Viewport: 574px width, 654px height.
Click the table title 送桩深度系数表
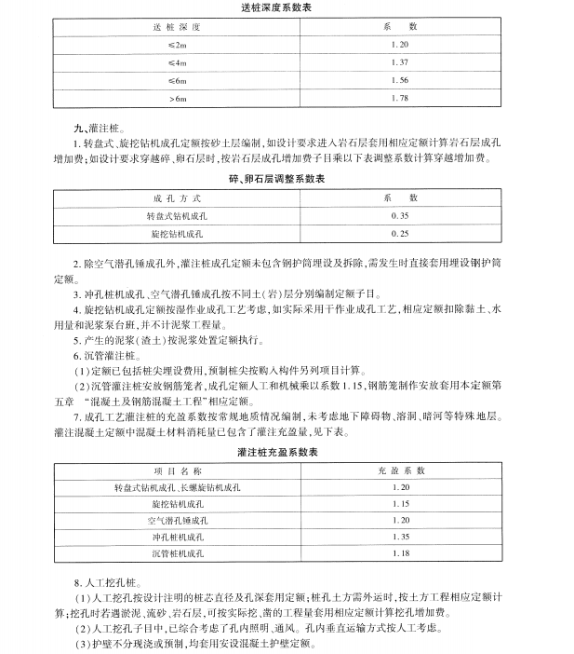click(x=287, y=9)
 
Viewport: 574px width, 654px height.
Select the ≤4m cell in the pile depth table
click(x=177, y=62)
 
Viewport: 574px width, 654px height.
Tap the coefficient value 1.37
click(x=401, y=62)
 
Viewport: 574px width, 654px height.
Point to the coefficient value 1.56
click(x=401, y=80)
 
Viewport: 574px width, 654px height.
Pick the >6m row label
click(x=177, y=98)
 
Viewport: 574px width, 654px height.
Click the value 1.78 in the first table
click(x=401, y=98)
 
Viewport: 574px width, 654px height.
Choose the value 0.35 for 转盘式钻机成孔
click(x=401, y=215)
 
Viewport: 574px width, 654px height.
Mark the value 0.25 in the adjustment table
click(x=401, y=233)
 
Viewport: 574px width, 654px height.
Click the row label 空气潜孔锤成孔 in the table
click(x=177, y=521)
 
